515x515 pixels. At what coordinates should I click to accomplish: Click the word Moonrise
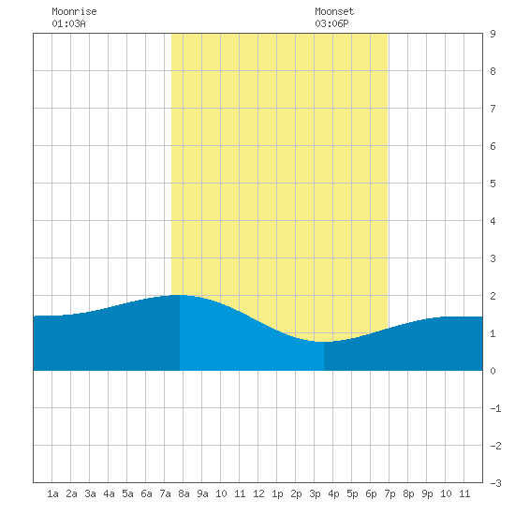coord(74,11)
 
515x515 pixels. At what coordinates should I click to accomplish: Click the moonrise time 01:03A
coord(68,23)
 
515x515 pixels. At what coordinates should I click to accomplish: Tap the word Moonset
coord(334,11)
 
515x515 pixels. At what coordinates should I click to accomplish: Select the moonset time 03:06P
coord(331,23)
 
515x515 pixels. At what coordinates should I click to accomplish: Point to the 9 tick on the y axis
coord(493,34)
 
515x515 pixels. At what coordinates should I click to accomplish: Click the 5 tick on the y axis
coord(493,184)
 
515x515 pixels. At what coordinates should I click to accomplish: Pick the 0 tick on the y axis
coord(493,371)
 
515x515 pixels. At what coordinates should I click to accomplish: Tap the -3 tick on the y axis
coord(495,483)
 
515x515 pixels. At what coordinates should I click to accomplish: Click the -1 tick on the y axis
coord(495,408)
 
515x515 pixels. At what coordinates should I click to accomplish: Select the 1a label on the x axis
coord(52,493)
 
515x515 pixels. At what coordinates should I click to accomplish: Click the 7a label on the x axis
coord(165,493)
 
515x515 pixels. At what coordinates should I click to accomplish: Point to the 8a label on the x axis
coord(184,493)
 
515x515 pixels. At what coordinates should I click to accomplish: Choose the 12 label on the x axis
coord(258,493)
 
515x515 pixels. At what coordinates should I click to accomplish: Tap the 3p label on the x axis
coord(315,493)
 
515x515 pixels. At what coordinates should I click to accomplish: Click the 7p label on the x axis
coord(390,493)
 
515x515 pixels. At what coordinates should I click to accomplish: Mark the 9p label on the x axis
coord(427,493)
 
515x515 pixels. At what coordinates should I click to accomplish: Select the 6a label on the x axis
coord(146,493)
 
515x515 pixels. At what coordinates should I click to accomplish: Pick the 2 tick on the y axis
coord(493,296)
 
